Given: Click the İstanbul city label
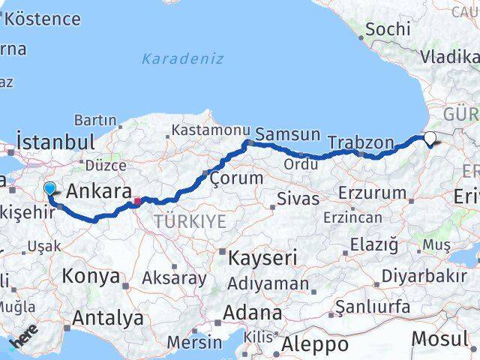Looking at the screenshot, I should tap(55, 142).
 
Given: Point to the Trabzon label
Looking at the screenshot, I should tap(361, 142).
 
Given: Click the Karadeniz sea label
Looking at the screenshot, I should tap(183, 58).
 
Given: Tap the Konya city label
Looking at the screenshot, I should tap(90, 276).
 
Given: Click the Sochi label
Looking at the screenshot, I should tap(386, 30).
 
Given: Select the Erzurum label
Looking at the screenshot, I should tap(373, 193).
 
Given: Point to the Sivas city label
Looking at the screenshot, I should tap(298, 199).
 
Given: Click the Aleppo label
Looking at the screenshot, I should tap(315, 344).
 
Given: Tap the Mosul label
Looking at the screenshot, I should tap(440, 339).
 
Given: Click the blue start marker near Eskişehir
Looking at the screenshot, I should tap(50, 188).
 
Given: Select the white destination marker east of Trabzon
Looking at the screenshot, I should tap(430, 138).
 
